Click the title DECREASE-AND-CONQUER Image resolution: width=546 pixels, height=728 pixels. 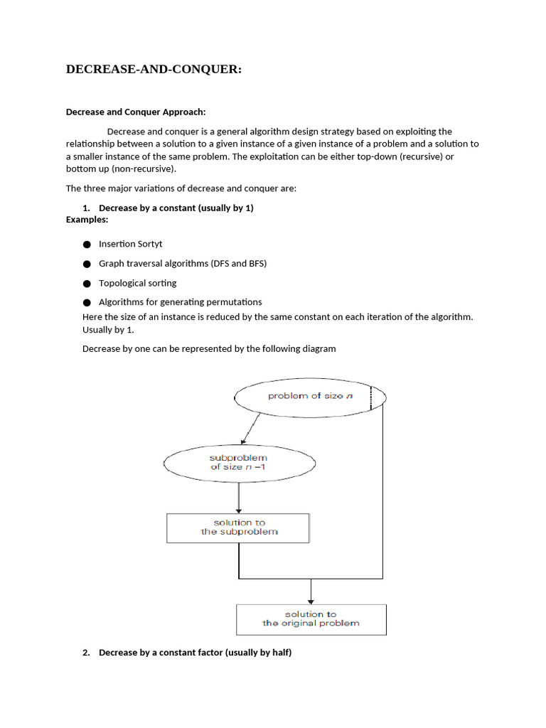(154, 69)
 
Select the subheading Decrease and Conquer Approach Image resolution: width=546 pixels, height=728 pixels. (136, 112)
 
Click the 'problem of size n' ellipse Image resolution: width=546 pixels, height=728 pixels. (310, 396)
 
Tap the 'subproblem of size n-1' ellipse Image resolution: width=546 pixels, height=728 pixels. (239, 462)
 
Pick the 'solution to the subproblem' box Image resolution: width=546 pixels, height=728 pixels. (238, 527)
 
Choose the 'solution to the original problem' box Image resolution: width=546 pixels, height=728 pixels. (311, 619)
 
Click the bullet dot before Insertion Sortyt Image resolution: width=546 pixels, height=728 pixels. (87, 245)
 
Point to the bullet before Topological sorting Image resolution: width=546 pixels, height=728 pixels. (87, 283)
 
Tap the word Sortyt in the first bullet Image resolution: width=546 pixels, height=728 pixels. (148, 244)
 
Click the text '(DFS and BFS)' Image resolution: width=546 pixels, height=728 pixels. (239, 263)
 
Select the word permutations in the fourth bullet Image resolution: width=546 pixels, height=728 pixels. (230, 301)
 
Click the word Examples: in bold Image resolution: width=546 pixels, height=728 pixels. (87, 220)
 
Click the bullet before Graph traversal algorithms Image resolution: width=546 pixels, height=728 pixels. (87, 264)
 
